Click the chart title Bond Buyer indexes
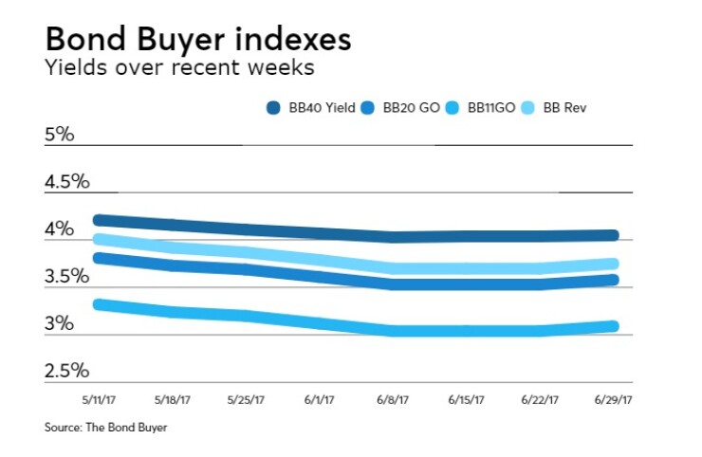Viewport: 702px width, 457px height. (197, 40)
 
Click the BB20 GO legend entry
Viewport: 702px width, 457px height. (404, 109)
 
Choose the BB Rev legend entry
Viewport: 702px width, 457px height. (564, 109)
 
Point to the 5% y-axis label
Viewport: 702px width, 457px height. (59, 135)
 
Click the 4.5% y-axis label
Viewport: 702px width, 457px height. (66, 181)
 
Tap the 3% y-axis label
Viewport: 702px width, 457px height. (59, 323)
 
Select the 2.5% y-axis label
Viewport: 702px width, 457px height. (66, 370)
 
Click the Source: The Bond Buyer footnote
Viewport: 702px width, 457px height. (105, 428)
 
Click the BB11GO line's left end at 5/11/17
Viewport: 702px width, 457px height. (99, 304)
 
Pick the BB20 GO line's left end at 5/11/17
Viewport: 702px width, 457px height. (99, 257)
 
